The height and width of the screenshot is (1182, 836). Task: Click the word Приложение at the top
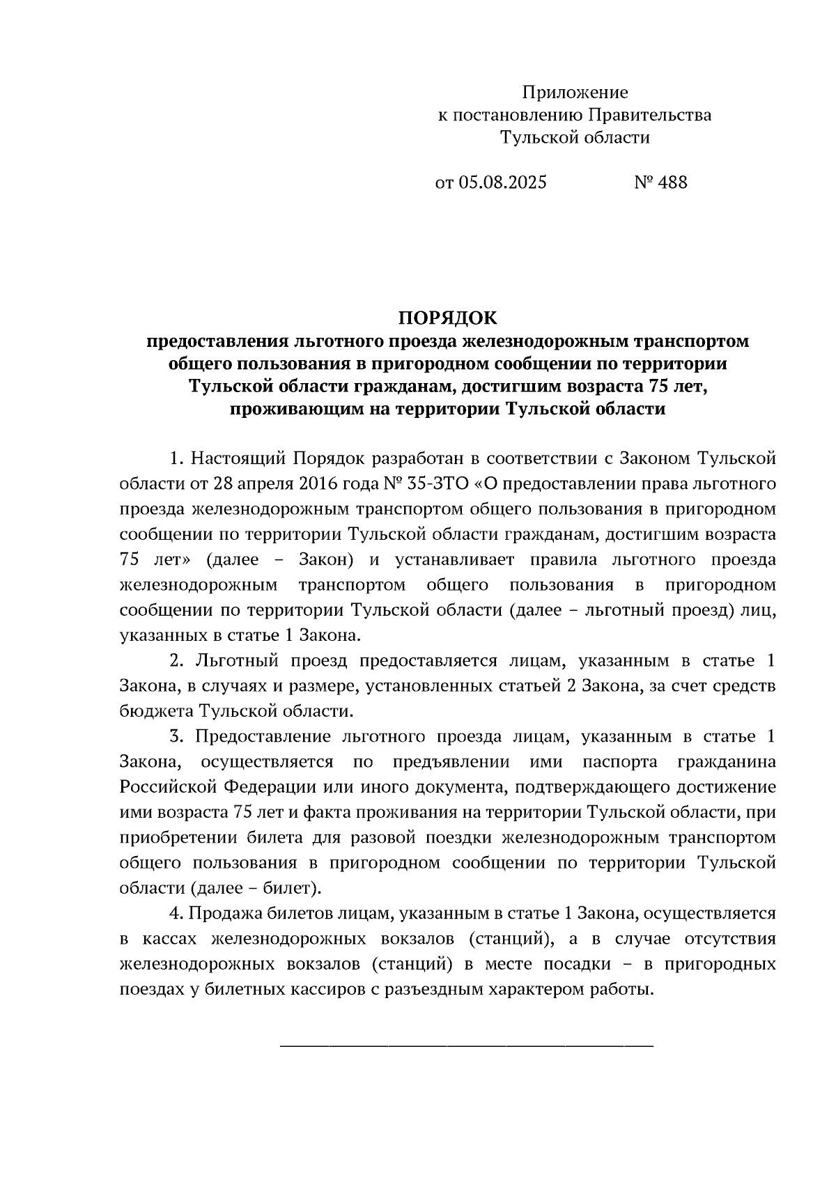tap(575, 93)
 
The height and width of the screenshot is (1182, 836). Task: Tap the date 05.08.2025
tap(502, 182)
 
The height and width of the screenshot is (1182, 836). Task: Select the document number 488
tap(672, 182)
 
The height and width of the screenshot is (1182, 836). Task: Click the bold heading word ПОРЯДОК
tap(448, 318)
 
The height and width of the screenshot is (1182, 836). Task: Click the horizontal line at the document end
tap(466, 1045)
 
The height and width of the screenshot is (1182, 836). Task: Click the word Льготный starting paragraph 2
tap(238, 660)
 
